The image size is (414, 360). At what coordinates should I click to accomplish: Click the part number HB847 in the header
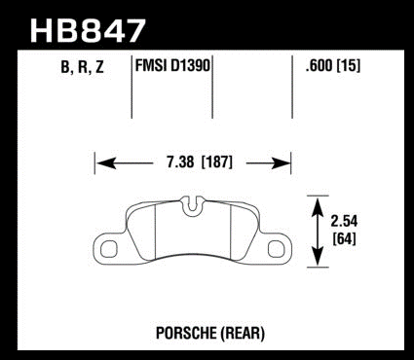(88, 30)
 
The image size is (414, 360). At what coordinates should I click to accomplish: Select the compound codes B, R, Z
(82, 67)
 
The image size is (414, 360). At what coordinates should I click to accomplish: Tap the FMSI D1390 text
(172, 66)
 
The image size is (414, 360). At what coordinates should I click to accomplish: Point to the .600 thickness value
(319, 66)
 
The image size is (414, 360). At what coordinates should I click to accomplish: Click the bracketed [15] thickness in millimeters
(349, 66)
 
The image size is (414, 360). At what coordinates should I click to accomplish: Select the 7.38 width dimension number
(180, 162)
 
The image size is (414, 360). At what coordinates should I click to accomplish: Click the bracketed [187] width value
(216, 162)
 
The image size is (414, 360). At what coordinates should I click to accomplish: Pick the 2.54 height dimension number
(344, 222)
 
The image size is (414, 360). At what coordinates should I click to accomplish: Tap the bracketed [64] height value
(345, 239)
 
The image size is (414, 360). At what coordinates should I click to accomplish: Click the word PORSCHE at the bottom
(185, 333)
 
